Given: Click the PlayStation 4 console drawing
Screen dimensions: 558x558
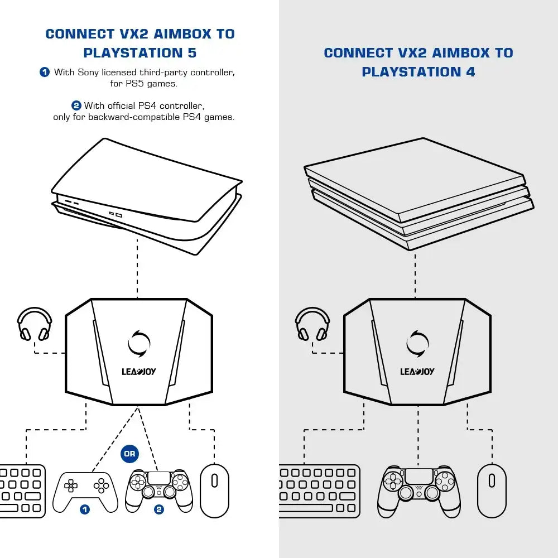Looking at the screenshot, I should tap(419, 193).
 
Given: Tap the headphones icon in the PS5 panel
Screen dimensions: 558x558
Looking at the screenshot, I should tap(35, 324).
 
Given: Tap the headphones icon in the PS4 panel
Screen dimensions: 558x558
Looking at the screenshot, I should tap(312, 324).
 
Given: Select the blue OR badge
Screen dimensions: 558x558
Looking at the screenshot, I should tap(129, 454).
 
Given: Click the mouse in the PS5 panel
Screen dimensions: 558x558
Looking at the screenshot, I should tap(214, 490).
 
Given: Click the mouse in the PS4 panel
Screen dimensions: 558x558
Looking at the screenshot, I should tap(492, 490).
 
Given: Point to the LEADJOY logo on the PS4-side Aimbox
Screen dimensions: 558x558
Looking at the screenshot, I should tap(417, 372).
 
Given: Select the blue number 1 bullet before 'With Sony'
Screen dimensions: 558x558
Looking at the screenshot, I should tap(45, 72).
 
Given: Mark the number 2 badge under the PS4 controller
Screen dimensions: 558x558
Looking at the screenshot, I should tap(159, 509).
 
